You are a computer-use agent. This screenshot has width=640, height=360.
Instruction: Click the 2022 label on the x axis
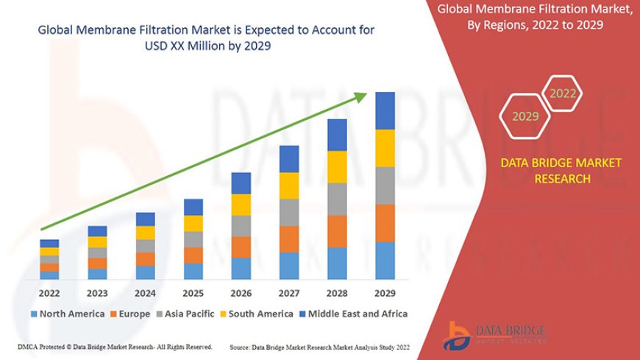point(49,293)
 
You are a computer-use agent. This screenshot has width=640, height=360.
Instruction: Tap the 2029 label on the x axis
point(385,293)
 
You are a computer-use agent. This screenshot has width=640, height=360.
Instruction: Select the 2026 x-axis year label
point(241,293)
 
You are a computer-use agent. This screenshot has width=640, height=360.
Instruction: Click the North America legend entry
point(67,314)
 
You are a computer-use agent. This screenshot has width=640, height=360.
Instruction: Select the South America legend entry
point(254,314)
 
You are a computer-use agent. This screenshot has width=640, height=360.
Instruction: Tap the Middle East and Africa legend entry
point(352,314)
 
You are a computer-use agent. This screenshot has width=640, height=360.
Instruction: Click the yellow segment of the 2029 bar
point(385,148)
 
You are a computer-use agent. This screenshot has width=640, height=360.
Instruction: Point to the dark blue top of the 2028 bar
point(337,135)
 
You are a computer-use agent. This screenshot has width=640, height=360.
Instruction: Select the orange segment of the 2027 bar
point(289,239)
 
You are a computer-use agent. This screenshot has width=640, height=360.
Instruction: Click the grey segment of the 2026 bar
point(241,225)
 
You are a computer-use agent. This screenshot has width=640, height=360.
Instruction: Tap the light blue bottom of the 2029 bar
point(385,261)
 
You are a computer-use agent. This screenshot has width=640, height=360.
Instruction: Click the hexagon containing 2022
point(563,93)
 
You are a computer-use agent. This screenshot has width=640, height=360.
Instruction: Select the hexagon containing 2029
point(525,116)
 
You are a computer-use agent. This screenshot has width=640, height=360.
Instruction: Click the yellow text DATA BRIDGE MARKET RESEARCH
point(561,170)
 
